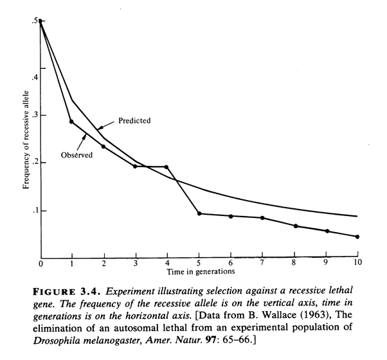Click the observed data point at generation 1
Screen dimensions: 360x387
(x=71, y=122)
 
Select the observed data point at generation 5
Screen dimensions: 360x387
(x=199, y=213)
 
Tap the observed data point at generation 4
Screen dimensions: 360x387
(x=166, y=167)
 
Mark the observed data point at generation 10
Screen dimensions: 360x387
(x=357, y=237)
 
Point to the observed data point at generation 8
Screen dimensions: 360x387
(x=294, y=226)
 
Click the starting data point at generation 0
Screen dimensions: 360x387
(x=40, y=21)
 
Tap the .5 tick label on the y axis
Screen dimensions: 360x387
(x=33, y=21)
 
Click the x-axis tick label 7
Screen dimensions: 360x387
(x=262, y=264)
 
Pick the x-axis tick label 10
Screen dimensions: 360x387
(x=357, y=264)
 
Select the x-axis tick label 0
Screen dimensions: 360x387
(x=40, y=264)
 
